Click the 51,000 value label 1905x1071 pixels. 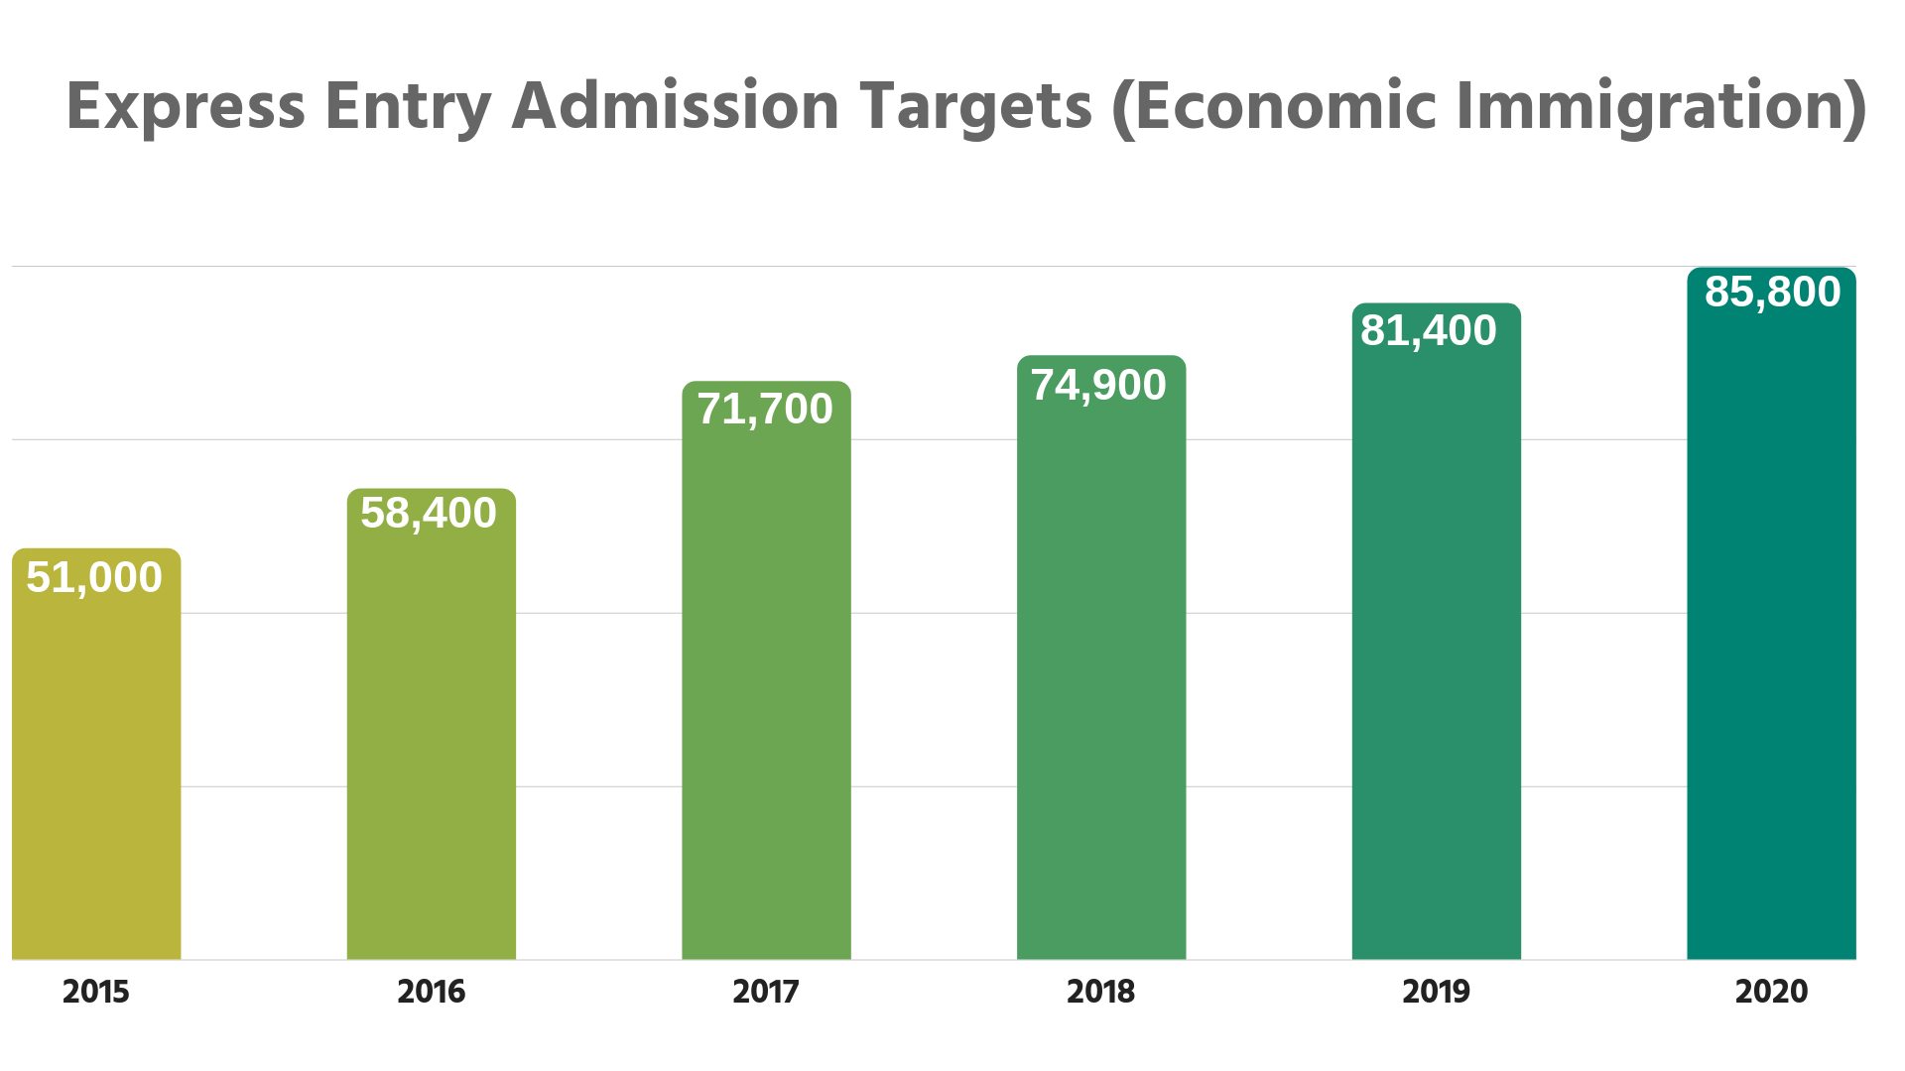tap(94, 577)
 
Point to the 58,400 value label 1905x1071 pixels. tap(429, 513)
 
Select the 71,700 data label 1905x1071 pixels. tap(765, 409)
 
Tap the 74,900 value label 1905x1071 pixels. tap(1098, 385)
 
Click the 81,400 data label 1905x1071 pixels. tap(1429, 330)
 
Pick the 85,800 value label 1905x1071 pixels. tap(1773, 292)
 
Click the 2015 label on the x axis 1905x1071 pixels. tap(96, 991)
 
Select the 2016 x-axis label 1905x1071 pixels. tap(431, 991)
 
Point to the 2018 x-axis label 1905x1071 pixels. tap(1100, 991)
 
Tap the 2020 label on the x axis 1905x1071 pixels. tap(1771, 991)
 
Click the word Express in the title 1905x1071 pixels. tap(186, 107)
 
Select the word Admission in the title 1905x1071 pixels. tap(676, 107)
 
